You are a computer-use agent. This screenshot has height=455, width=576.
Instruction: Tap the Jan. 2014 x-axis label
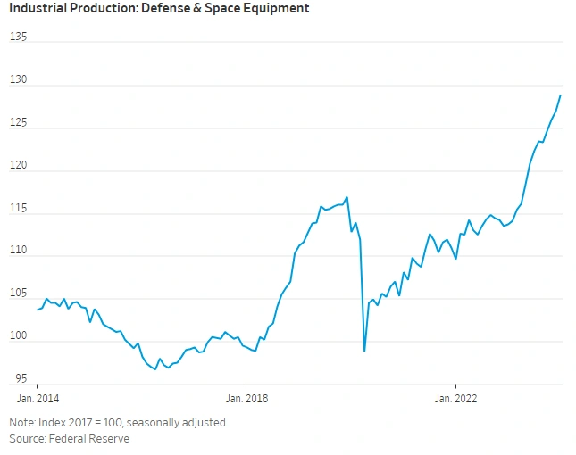tap(37, 399)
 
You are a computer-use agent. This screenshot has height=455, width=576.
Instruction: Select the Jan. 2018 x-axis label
tap(245, 399)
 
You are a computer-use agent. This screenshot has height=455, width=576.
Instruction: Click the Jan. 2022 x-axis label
tap(455, 399)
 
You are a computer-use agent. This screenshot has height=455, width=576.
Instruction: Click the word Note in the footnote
tap(21, 422)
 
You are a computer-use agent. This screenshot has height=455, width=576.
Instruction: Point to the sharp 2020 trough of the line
tap(364, 351)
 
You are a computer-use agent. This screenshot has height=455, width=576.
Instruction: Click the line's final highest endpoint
tap(561, 95)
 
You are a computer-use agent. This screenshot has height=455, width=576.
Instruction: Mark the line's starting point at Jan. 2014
tap(38, 310)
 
